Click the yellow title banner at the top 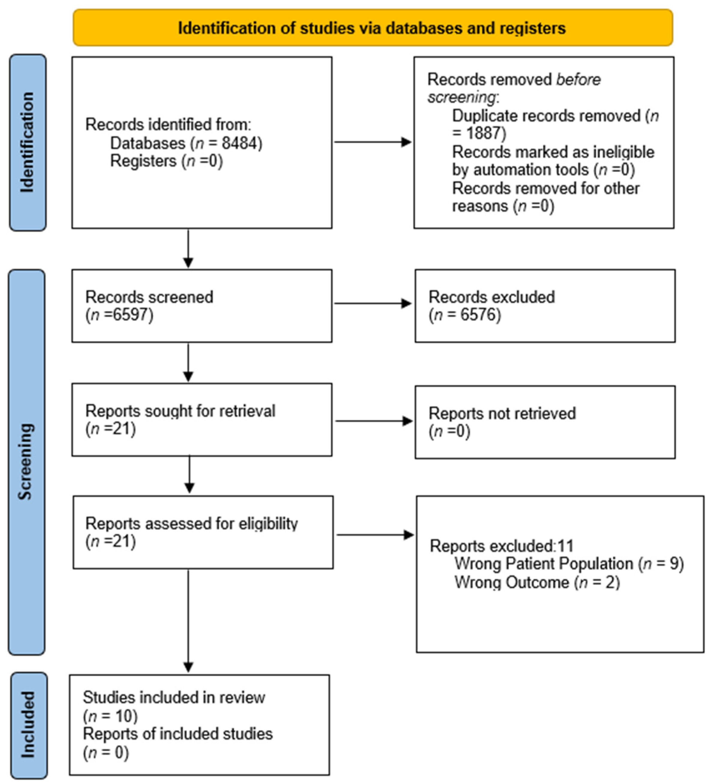pos(373,28)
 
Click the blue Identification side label pos(28,142)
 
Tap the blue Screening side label pos(26,462)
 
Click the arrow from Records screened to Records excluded pos(373,303)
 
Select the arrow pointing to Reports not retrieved pos(374,421)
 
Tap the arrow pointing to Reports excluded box pos(375,535)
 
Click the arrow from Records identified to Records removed pos(373,142)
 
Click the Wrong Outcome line pos(537,582)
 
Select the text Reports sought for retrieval pos(180,411)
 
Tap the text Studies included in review pos(174,698)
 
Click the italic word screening pos(462,97)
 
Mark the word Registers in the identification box pos(143,161)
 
